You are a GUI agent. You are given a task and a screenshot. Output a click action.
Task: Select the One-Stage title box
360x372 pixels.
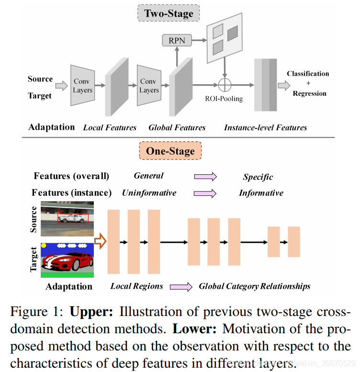(170, 152)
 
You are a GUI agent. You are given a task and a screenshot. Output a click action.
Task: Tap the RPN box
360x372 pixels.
(177, 40)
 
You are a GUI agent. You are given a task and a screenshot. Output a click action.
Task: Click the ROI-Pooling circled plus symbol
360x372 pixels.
(225, 85)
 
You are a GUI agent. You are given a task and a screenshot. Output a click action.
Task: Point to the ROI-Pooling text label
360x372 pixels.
(225, 99)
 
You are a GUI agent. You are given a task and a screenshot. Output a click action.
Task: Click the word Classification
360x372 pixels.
(308, 74)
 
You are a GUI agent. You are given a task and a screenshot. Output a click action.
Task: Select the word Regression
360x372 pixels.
(308, 93)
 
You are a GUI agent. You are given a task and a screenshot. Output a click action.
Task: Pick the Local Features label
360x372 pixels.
(110, 127)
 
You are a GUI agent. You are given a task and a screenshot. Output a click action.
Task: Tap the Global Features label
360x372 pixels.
(177, 127)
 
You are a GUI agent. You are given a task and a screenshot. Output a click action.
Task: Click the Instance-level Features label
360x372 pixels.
(266, 127)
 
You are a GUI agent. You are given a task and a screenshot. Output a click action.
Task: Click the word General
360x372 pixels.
(148, 176)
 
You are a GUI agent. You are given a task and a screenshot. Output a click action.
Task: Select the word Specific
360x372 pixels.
(258, 177)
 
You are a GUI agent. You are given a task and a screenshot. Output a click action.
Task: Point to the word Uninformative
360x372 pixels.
(149, 193)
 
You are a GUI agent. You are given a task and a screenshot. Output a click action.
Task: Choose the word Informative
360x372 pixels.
(261, 193)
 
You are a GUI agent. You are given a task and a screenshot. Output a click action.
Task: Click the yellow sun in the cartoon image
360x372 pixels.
(44, 245)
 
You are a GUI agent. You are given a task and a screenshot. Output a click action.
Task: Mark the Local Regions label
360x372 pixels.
(136, 286)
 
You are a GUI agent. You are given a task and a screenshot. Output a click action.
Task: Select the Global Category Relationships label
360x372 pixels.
(255, 286)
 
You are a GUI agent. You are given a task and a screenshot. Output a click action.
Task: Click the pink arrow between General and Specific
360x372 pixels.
(205, 176)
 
